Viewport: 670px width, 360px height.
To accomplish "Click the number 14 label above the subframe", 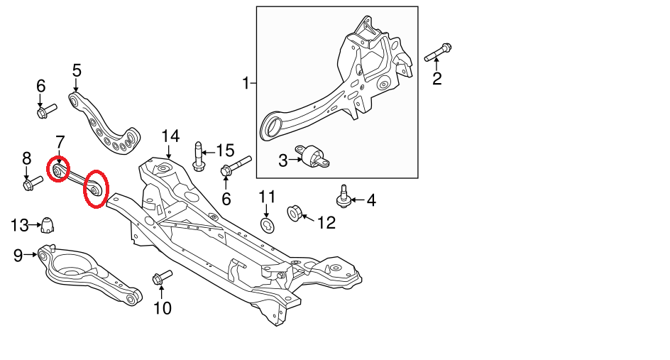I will click(170, 136).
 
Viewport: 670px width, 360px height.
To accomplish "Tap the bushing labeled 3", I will click(316, 157).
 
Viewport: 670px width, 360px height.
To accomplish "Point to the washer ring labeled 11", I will click(267, 226).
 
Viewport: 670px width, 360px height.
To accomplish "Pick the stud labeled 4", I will click(345, 197).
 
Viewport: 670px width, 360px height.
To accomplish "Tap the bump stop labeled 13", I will click(47, 224).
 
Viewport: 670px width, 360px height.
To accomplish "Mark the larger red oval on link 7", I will click(94, 188).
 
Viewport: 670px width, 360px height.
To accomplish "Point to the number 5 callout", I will click(77, 70).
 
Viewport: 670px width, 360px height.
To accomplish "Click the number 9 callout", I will click(18, 255).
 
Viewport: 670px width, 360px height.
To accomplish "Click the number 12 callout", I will click(326, 223).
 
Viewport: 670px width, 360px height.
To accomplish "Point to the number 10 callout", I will click(163, 308).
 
